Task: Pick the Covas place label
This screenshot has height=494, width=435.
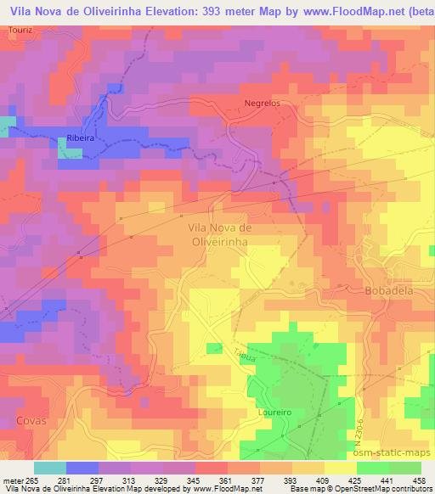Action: point(31,420)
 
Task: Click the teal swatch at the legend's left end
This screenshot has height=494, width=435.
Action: point(50,468)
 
